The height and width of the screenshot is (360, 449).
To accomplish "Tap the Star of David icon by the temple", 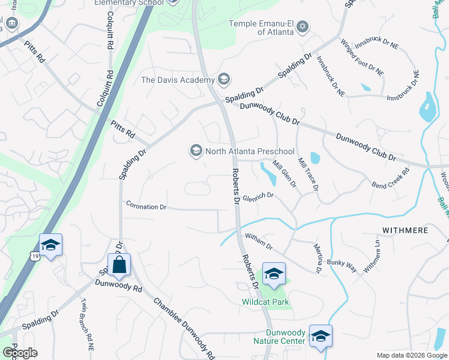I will [303, 26].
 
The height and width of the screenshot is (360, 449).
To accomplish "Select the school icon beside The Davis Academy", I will [223, 80].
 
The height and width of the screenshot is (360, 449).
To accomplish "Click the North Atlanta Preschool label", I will [250, 151].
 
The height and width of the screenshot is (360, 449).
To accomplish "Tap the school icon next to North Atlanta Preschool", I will [196, 151].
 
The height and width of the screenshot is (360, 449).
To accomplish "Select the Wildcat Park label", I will [266, 302].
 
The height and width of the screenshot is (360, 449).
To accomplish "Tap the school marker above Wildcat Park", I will [274, 274].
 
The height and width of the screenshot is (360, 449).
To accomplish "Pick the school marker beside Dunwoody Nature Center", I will [321, 337].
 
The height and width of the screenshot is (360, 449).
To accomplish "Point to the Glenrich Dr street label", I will [258, 196].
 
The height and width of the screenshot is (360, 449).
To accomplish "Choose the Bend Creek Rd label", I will [390, 178].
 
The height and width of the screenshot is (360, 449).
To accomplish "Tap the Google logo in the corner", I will [19, 353].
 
